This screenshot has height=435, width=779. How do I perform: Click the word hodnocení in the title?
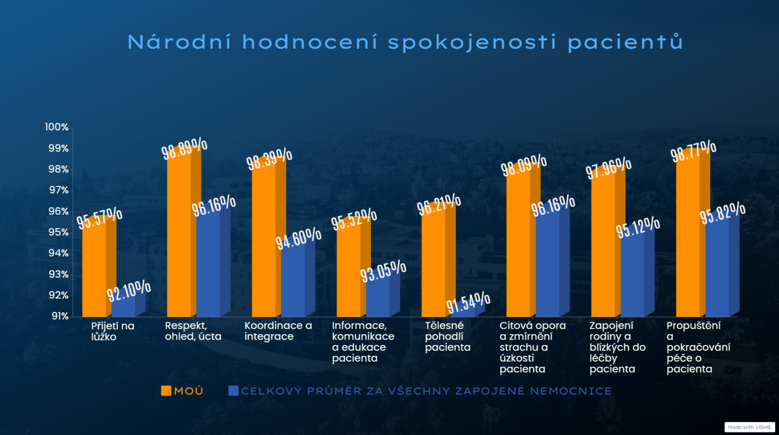(310, 42)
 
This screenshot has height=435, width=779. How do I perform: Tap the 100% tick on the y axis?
(56, 127)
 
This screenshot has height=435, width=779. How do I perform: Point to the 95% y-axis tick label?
(58, 233)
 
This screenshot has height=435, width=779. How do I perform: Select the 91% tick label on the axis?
(60, 316)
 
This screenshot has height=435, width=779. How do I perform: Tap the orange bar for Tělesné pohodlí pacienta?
(439, 261)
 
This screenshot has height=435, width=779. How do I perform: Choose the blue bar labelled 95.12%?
(637, 273)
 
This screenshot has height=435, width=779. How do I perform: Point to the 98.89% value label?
(185, 148)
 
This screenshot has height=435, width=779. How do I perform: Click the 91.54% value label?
(468, 303)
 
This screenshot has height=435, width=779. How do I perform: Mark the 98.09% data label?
(524, 165)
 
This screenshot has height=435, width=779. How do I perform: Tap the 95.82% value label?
(723, 213)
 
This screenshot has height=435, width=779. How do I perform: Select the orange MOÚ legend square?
(166, 391)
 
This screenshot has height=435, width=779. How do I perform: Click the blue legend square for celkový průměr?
(233, 391)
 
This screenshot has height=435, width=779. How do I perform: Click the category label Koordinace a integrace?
(278, 331)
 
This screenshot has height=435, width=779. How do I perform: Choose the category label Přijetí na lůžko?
(112, 331)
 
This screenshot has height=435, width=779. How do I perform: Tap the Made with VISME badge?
(749, 427)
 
